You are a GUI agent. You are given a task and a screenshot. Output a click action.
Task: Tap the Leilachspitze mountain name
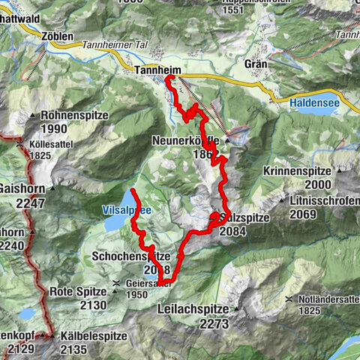[198, 309]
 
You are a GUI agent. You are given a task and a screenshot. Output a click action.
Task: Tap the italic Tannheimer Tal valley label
[112, 45]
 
